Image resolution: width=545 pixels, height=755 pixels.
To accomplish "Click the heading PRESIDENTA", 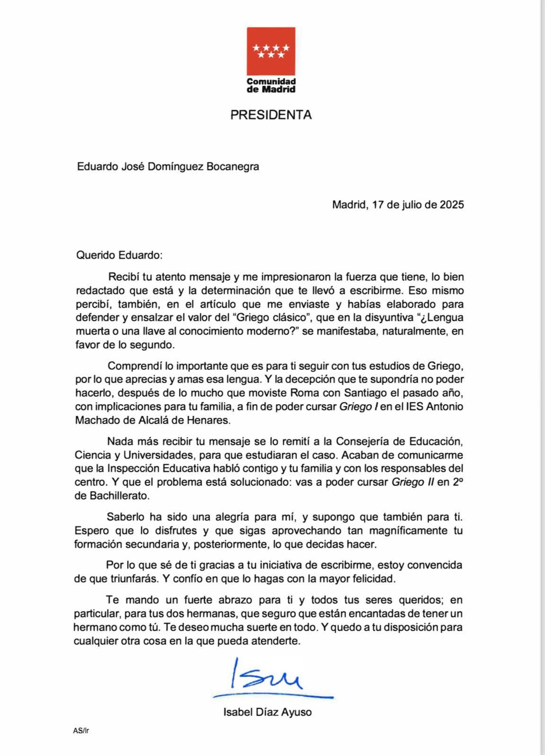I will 271,115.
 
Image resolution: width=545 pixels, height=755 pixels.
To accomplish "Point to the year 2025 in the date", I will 452,204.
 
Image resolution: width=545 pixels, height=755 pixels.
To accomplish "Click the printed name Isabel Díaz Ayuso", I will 268,713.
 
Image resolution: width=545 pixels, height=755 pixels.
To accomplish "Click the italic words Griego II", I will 412,482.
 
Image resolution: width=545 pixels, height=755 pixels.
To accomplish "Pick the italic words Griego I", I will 358,407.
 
